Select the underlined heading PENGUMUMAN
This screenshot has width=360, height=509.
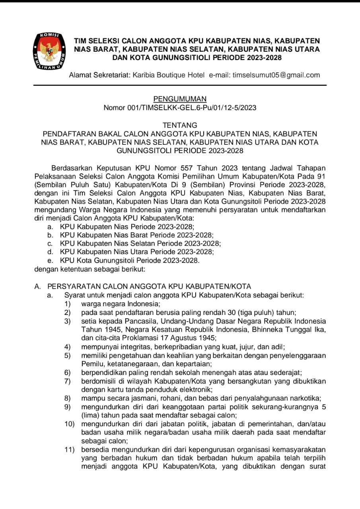tap(180, 99)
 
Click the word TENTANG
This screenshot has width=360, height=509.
tap(180, 126)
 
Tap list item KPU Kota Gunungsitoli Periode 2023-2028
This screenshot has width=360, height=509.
tap(129, 260)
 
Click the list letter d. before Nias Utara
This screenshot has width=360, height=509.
tap(50, 252)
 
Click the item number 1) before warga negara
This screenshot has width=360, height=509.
tap(68, 304)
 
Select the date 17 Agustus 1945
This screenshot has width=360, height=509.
tap(188, 338)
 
